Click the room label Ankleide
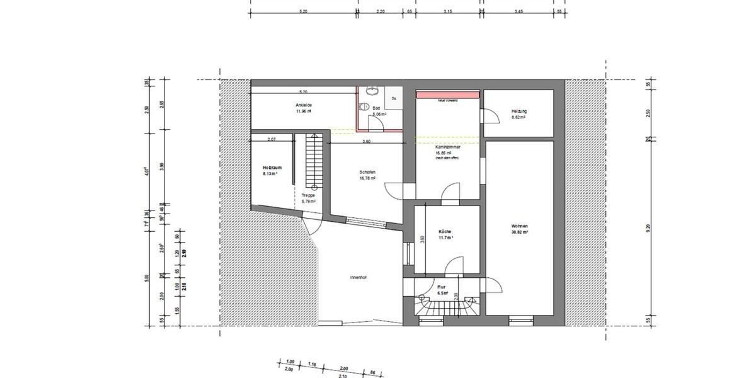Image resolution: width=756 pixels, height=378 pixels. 304,105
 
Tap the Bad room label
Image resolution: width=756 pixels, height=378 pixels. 376,108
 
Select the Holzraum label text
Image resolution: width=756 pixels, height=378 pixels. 272,168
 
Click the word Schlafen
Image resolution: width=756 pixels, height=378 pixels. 368,172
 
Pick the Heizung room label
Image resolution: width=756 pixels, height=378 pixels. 519,112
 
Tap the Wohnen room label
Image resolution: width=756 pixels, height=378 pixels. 519,226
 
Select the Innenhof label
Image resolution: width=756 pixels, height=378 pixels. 358,277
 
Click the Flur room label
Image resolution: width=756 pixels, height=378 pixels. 442,287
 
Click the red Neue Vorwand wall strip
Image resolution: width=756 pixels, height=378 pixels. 448,94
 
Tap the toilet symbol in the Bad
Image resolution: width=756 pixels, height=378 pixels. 363,107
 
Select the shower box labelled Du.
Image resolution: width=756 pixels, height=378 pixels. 394,98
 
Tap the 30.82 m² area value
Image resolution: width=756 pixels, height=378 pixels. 519,232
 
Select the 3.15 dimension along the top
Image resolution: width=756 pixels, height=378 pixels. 448,11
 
